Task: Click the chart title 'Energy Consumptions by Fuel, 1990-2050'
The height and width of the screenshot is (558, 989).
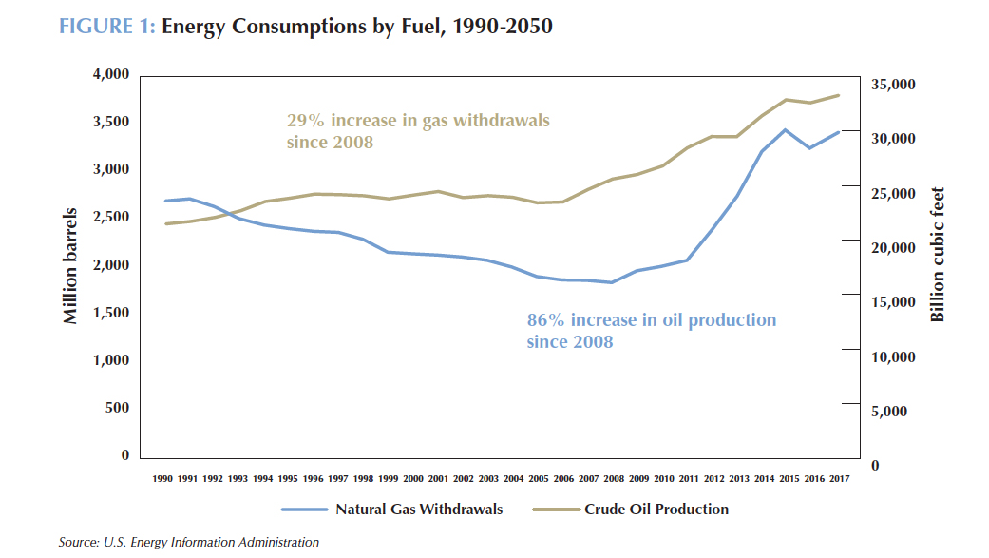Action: (357, 27)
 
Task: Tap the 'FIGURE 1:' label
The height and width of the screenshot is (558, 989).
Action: (106, 27)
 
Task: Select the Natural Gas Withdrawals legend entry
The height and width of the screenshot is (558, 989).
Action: (418, 510)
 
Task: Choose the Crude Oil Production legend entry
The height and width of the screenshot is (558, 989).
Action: (656, 510)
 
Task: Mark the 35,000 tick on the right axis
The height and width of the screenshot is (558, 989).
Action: (893, 85)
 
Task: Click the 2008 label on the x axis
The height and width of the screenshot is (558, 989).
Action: (614, 479)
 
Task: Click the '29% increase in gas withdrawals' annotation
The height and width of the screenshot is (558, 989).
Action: (418, 122)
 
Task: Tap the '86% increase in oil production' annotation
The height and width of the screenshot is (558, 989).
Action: (651, 320)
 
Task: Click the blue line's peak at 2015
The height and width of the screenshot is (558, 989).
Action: (785, 130)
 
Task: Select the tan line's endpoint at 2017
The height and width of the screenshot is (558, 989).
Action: (839, 95)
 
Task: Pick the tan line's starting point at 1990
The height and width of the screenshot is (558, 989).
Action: (166, 224)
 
